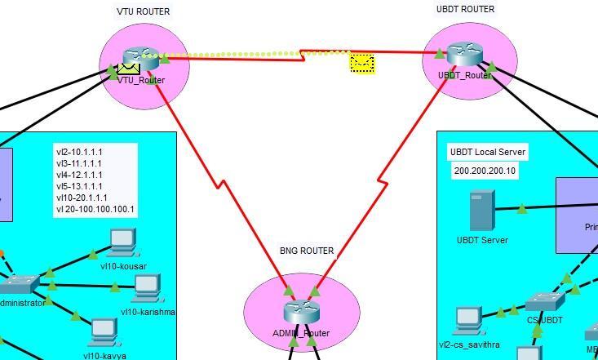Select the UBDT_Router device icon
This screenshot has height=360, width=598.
tap(465, 55)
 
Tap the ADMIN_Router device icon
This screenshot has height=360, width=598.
tap(301, 312)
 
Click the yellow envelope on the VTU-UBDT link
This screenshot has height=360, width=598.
tap(362, 63)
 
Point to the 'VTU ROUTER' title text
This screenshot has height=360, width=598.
tap(144, 12)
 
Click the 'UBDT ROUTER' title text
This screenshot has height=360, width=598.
tap(465, 10)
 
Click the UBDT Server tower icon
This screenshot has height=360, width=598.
tap(481, 210)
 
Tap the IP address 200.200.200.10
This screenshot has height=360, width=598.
tap(485, 171)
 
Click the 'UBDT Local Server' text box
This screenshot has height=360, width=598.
tap(488, 153)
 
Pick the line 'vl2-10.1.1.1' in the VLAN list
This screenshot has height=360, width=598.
tap(79, 152)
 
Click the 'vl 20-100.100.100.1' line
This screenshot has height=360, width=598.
tap(95, 210)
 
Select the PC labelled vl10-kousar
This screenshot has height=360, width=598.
tap(122, 239)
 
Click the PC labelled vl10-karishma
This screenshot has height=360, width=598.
tap(147, 286)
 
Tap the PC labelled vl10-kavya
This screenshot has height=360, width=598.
tap(104, 329)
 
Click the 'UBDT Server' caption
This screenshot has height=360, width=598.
tap(482, 240)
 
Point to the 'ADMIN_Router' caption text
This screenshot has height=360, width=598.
tap(301, 333)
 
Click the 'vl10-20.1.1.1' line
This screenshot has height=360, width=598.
tap(82, 198)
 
